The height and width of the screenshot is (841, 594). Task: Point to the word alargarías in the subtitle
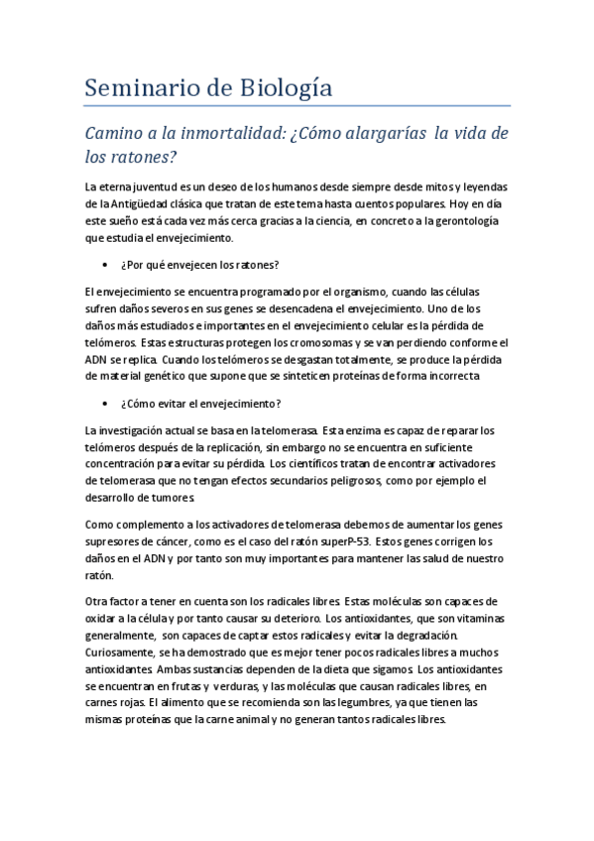(x=378, y=134)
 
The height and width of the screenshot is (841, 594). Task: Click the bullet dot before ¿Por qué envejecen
(x=105, y=265)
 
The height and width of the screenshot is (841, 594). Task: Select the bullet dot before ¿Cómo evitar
(x=105, y=404)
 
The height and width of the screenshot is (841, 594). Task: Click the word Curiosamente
(x=120, y=653)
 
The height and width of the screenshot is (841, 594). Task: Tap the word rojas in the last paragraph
(x=143, y=704)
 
